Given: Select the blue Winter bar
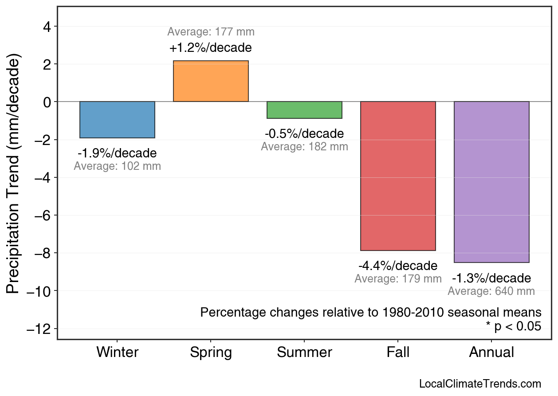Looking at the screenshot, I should click(x=117, y=120).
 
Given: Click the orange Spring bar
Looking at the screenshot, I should click(x=211, y=81).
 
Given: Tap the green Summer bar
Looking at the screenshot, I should click(x=304, y=110).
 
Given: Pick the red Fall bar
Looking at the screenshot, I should click(x=398, y=176).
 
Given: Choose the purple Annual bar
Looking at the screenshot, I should click(x=491, y=182).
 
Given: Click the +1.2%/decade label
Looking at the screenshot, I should click(x=211, y=47).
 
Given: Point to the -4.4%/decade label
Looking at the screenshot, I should click(x=398, y=266).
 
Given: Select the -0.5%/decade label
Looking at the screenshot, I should click(x=304, y=133).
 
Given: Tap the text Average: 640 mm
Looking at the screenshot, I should click(x=491, y=291).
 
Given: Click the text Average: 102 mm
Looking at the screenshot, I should click(x=117, y=166).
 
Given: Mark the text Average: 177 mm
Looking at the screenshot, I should click(x=211, y=32).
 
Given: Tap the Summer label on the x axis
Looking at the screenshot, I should click(x=304, y=353).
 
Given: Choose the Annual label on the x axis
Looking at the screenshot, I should click(x=491, y=353).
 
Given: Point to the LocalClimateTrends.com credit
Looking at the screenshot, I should click(x=480, y=384).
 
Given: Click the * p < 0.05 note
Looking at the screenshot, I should click(x=513, y=326).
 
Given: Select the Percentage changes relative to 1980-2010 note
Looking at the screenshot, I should click(x=371, y=312).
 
